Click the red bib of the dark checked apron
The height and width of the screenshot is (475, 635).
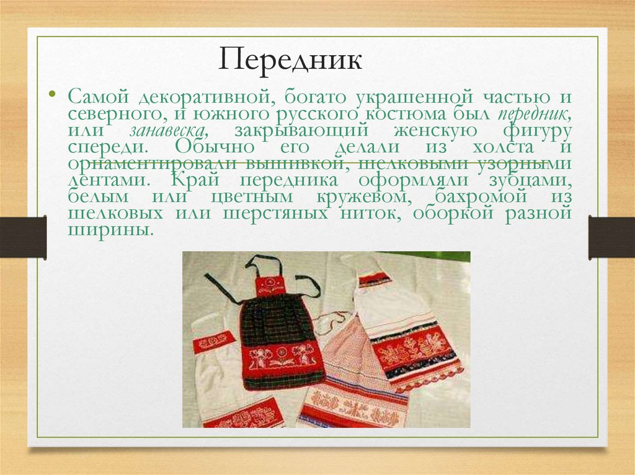click(270, 285)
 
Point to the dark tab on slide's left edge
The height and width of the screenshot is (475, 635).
click(23, 237)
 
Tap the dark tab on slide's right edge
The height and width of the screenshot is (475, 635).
click(611, 237)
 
